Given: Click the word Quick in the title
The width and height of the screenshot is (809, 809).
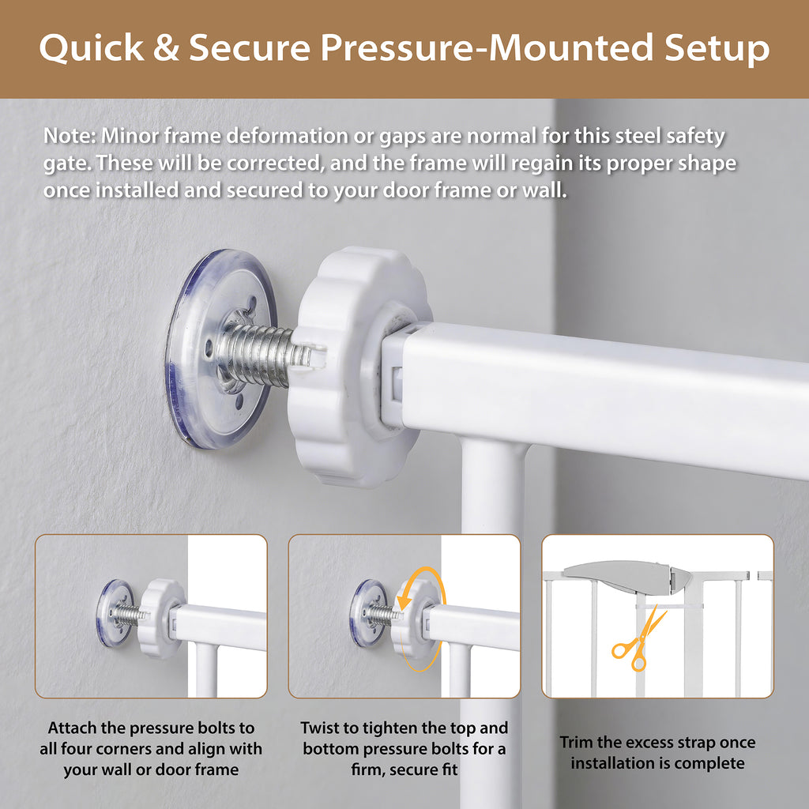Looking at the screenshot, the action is point(92,48).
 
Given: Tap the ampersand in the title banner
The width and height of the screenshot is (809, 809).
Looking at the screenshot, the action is point(166,47).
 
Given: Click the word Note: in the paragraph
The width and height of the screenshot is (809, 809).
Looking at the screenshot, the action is point(70,136).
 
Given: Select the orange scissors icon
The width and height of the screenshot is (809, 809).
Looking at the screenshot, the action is point(638,640).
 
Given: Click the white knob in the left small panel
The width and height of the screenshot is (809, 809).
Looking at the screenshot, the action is point(161,618).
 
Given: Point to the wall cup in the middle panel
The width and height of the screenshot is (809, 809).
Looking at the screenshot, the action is point(367,612).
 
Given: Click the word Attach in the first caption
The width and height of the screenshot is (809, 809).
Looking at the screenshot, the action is point(72,728).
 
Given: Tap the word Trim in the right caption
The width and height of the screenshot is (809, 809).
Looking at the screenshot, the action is point(577,743).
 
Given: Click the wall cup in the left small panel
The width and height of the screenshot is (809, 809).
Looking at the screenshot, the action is point(115,613).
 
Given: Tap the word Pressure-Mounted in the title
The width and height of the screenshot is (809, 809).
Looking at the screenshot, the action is point(488,48).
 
